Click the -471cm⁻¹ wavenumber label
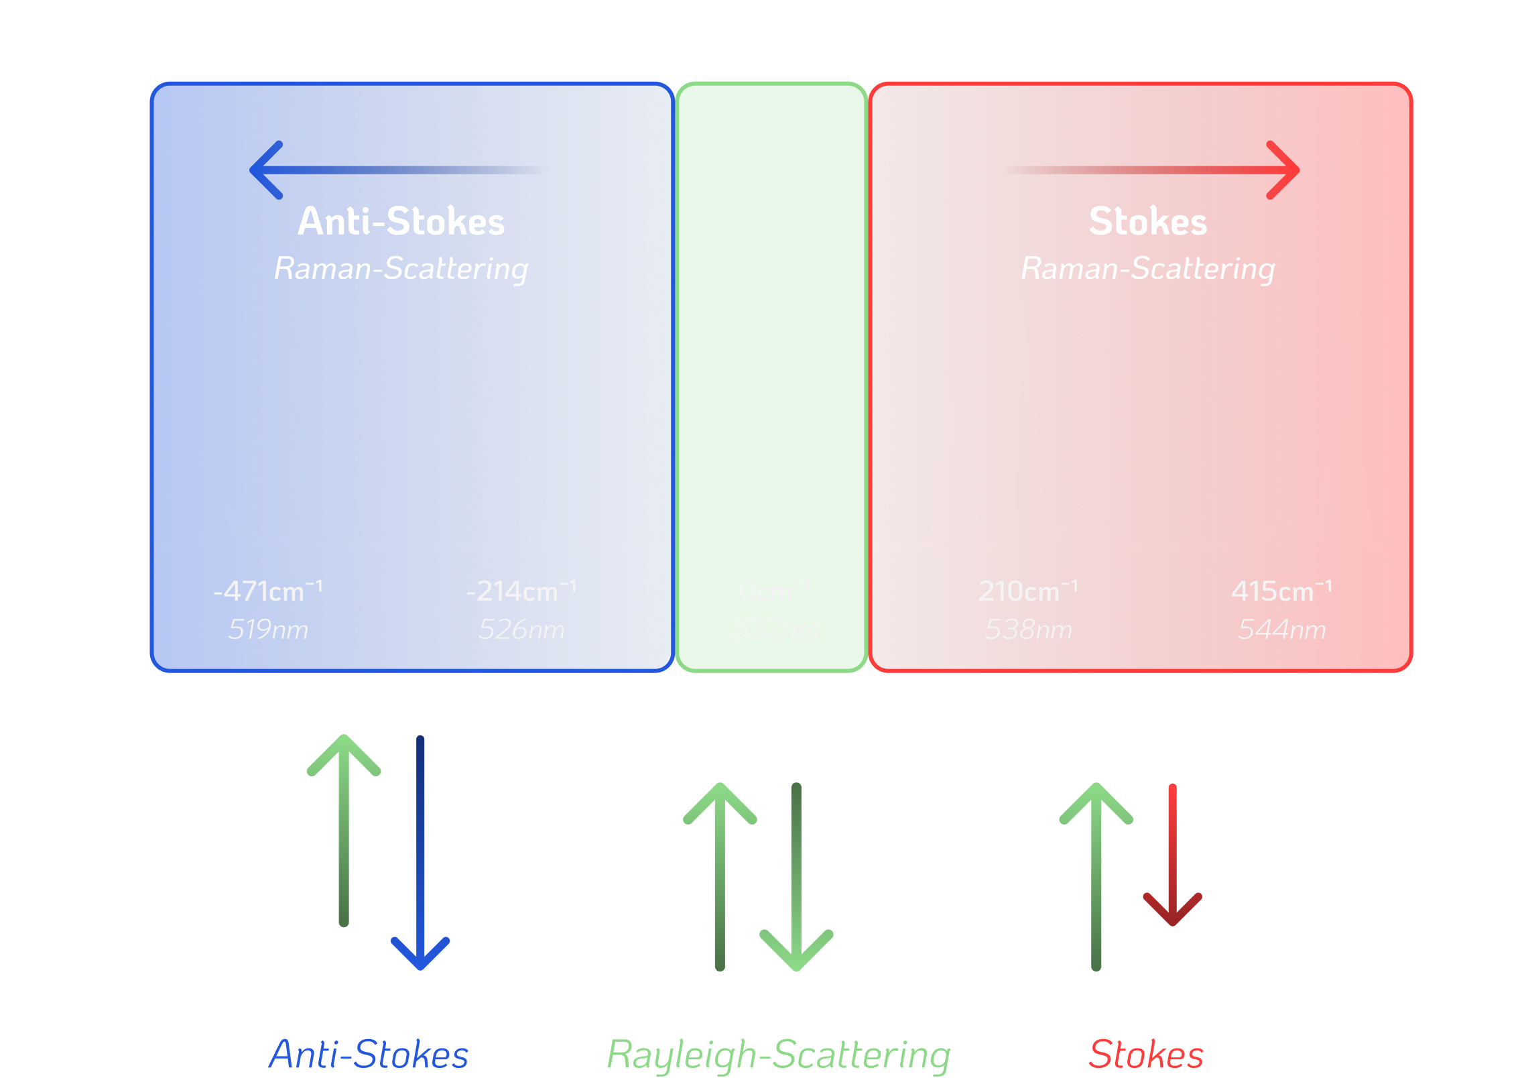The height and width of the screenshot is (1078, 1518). [x=268, y=591]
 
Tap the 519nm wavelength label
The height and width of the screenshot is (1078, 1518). [x=268, y=630]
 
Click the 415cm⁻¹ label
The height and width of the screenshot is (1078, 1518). [x=1281, y=591]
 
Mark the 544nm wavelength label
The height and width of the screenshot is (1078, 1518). [x=1281, y=630]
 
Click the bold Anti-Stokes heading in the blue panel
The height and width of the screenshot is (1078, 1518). [x=401, y=222]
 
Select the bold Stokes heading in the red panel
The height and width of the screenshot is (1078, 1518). [x=1147, y=222]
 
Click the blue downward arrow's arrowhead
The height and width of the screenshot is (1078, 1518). [x=420, y=955]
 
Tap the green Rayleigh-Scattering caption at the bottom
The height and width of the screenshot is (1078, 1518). [x=778, y=1055]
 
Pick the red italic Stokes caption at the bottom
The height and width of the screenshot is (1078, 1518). [x=1146, y=1055]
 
